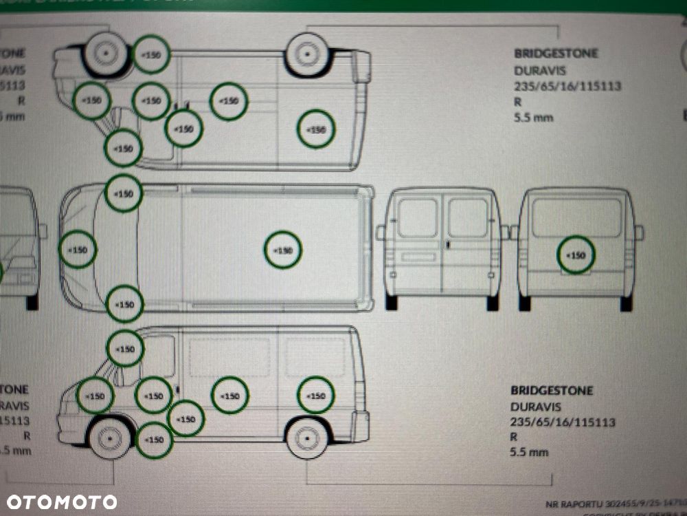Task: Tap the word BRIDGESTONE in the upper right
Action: pos(556,53)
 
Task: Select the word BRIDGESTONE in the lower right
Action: pos(551,390)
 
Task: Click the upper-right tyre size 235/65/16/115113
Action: pos(567,87)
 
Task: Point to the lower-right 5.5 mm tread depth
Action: pos(529,452)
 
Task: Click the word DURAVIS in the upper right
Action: pos(540,70)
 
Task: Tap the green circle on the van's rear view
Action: pos(576,255)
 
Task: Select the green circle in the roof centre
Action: pos(283,250)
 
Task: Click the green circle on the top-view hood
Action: pos(78,250)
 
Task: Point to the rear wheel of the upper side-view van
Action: pos(306,54)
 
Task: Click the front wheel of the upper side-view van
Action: pos(106,53)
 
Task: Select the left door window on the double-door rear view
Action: pos(417,218)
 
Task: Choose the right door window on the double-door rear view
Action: pos(468,218)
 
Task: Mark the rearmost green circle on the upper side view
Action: pos(316,130)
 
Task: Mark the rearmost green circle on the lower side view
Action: pos(316,396)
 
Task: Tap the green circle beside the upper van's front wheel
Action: pos(151,54)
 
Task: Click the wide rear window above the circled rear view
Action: pos(576,217)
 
